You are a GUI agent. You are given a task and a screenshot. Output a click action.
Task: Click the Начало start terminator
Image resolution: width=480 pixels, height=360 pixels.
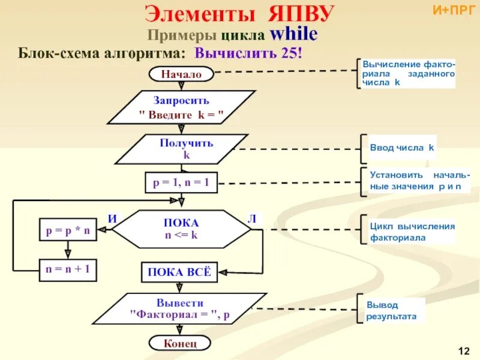click(181, 74)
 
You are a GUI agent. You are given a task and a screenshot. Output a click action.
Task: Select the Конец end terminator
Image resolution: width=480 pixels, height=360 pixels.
click(180, 343)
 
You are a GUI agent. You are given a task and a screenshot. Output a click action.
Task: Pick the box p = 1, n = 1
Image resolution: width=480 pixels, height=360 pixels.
click(181, 182)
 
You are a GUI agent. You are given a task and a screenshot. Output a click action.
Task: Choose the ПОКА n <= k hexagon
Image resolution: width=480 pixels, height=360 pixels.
click(181, 229)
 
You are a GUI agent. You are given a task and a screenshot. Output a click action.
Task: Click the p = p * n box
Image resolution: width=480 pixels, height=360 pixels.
click(68, 229)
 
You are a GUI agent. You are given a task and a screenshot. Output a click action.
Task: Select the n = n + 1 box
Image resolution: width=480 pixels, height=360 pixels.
click(67, 269)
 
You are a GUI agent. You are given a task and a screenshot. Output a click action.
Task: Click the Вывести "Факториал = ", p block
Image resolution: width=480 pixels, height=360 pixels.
click(180, 308)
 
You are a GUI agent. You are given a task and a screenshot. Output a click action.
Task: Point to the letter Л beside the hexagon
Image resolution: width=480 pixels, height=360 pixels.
click(252, 219)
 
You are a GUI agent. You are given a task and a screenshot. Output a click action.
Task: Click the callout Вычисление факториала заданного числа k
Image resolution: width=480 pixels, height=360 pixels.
click(408, 73)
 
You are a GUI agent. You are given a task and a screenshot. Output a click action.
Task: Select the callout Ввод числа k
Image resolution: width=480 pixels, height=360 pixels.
click(401, 148)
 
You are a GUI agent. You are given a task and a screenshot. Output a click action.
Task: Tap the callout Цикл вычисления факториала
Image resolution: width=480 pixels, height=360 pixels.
click(412, 232)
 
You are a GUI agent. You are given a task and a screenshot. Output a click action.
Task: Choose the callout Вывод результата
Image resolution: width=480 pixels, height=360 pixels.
click(391, 310)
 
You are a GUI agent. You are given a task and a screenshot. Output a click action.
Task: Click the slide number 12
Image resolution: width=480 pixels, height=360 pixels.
click(463, 350)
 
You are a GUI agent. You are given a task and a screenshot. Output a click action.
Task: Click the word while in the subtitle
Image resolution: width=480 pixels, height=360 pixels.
click(293, 34)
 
